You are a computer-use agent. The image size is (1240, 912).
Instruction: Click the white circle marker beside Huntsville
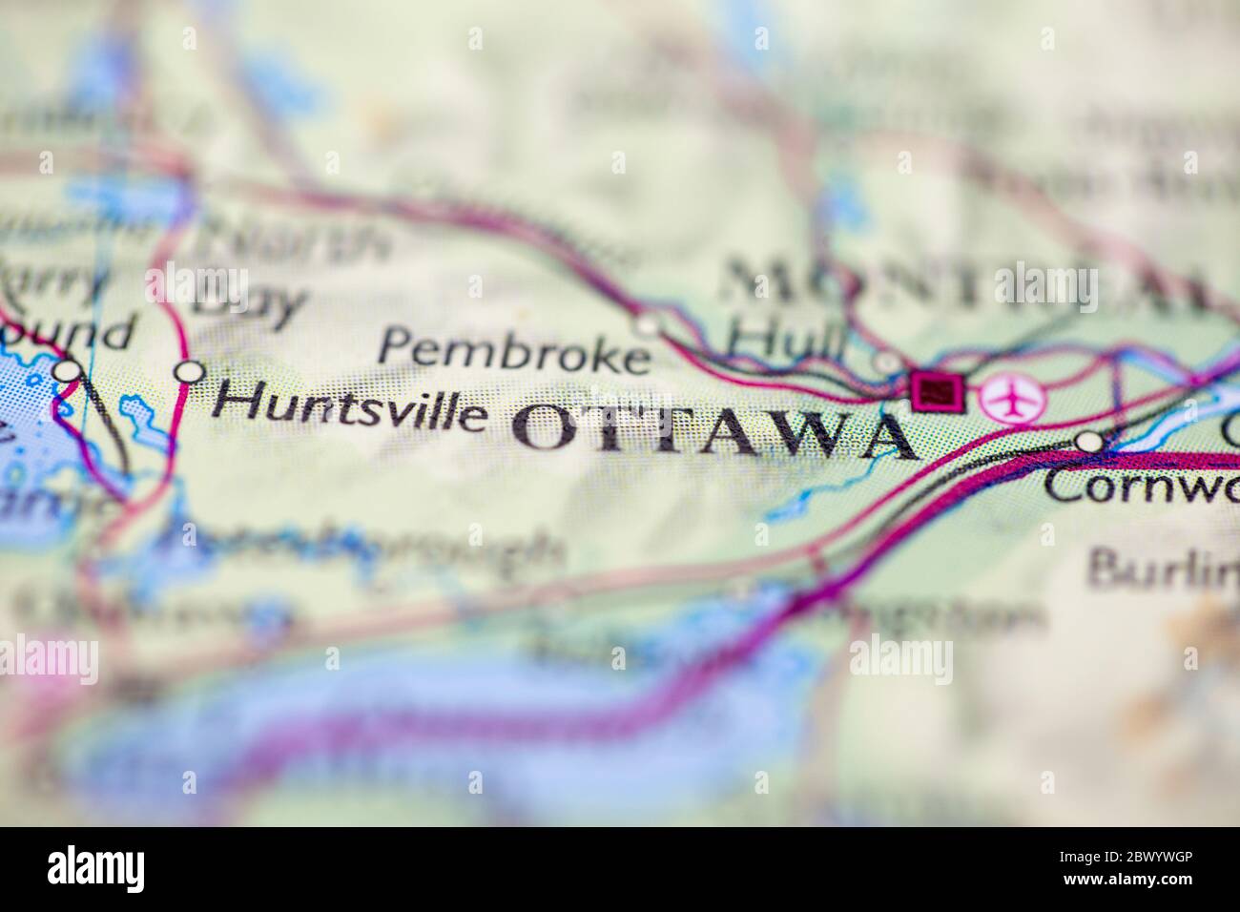pos(191,371)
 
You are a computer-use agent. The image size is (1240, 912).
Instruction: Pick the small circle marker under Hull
pos(887,363)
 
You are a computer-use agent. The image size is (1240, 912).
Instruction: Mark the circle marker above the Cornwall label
pos(1089,442)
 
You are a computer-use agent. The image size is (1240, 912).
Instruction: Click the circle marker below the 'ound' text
pos(67,370)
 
